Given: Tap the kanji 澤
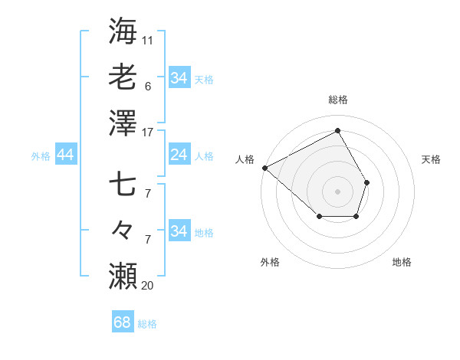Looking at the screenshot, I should click(x=123, y=122).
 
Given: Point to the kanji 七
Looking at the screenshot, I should click(x=123, y=184).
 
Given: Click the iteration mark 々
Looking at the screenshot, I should click(x=123, y=230).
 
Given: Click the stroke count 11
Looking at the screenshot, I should click(x=148, y=39).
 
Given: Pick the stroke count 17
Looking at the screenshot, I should click(x=148, y=133).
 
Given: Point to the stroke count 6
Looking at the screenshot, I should click(x=147, y=87).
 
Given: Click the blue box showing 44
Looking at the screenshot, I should click(x=65, y=155).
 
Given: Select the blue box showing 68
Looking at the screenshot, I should click(x=123, y=323).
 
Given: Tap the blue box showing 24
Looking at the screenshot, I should click(x=179, y=155).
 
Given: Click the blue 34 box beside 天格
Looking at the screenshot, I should click(x=179, y=78).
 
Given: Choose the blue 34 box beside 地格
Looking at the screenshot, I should click(x=179, y=231).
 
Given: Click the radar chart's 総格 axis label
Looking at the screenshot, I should click(x=337, y=100).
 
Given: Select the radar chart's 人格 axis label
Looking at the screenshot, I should click(x=245, y=159).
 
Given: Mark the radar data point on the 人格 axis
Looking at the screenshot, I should click(x=264, y=168).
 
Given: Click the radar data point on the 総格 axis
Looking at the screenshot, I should click(x=337, y=130).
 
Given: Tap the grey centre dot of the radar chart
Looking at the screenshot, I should click(x=337, y=191).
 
